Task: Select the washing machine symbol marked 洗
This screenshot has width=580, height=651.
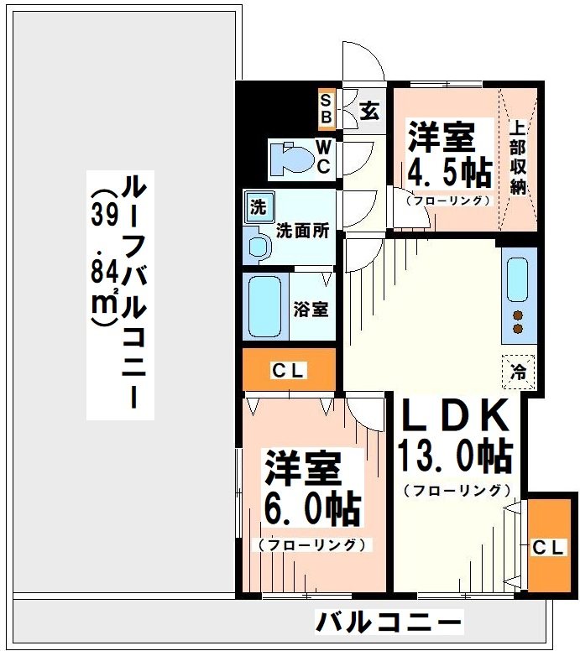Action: point(257,206)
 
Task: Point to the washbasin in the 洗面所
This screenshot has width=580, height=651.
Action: point(259,245)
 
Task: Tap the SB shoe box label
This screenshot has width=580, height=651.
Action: point(326,107)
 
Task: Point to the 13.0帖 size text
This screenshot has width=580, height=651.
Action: point(455,456)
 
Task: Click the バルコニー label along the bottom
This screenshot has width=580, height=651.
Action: point(389,622)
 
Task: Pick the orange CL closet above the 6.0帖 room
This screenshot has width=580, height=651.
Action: point(289,370)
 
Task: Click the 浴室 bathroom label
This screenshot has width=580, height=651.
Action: point(310,308)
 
